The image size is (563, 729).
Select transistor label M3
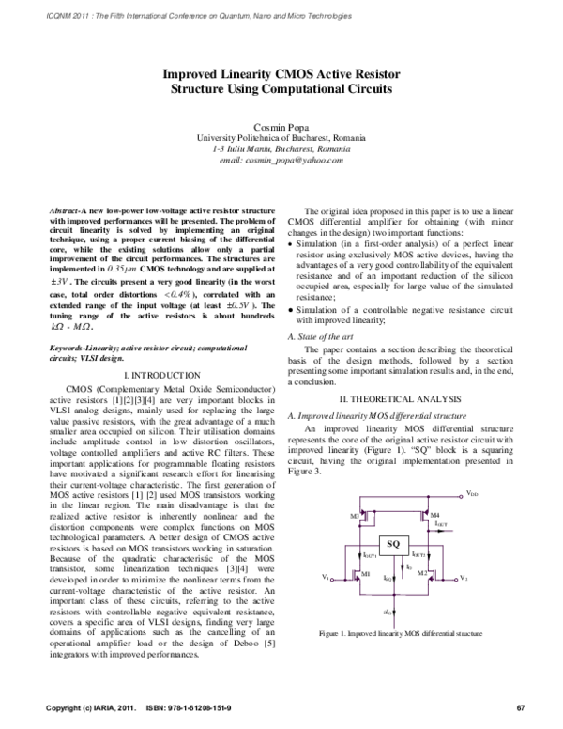point(354,516)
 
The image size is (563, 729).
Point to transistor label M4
point(434,516)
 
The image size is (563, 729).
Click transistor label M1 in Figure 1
point(366,572)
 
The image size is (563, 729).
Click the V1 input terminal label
point(326,577)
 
